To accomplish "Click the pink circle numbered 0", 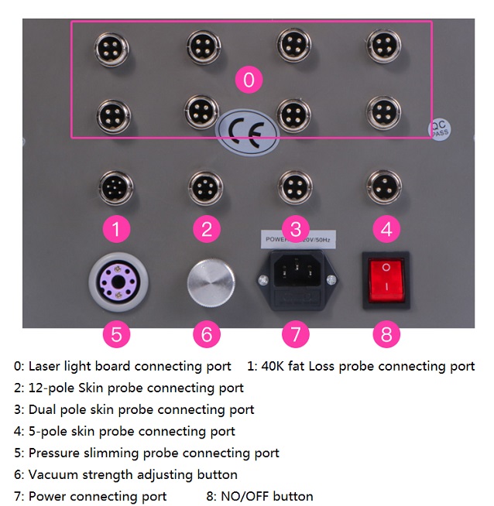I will [x=249, y=80].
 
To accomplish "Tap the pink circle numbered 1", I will [x=116, y=228].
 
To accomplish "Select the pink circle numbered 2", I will [x=206, y=228].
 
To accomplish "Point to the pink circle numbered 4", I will [x=386, y=228].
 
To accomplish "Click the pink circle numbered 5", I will [x=116, y=335].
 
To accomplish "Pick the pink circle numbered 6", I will [x=206, y=335].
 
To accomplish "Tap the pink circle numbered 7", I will [x=296, y=335].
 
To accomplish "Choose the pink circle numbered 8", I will [x=386, y=335].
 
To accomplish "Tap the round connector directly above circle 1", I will [x=116, y=188].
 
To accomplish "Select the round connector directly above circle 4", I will [x=383, y=186].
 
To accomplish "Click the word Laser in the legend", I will [x=44, y=366].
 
